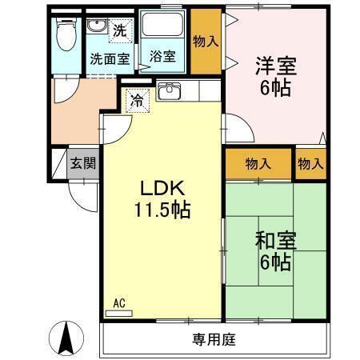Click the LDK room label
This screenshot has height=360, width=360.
pyautogui.click(x=163, y=189)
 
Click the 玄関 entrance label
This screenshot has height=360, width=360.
pyautogui.click(x=82, y=164)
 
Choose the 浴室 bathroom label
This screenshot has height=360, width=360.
pyautogui.click(x=163, y=58)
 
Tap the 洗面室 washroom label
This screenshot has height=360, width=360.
pyautogui.click(x=109, y=58)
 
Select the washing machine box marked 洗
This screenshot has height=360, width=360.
pyautogui.click(x=118, y=32)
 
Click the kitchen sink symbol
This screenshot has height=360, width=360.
pyautogui.click(x=169, y=92)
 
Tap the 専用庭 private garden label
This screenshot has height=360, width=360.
pyautogui.click(x=213, y=339)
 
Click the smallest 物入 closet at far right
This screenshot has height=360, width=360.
pyautogui.click(x=310, y=164)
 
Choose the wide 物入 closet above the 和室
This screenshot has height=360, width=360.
pyautogui.click(x=258, y=164)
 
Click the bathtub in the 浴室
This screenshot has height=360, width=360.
pyautogui.click(x=165, y=30)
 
